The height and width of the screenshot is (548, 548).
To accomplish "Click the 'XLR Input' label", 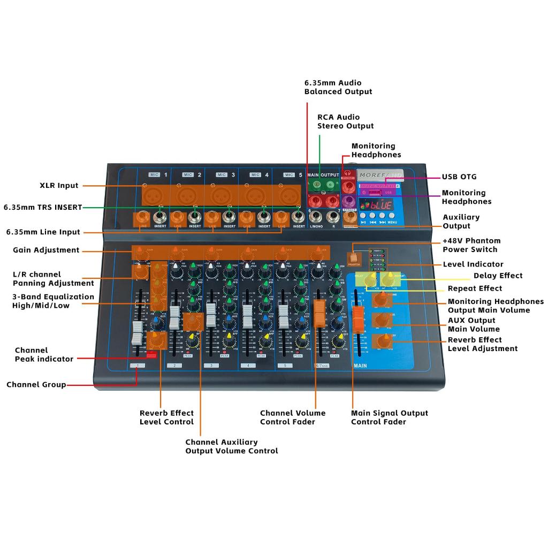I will point(59,186).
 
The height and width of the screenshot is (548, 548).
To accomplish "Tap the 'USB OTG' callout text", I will point(459,177).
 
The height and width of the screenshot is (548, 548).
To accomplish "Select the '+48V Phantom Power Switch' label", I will point(471,245).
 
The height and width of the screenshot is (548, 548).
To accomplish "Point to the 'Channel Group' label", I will point(36,385).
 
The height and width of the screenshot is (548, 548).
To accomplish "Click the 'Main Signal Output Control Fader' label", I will point(389,417).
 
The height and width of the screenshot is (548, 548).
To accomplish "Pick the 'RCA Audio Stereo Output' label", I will point(345,121).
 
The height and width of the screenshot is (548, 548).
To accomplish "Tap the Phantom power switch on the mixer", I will point(354,258).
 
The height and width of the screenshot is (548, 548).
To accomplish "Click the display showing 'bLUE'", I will point(376,205).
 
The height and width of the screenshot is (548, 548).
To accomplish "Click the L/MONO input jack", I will point(316,217).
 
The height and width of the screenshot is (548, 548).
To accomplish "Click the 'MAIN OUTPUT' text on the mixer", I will point(323,175).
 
